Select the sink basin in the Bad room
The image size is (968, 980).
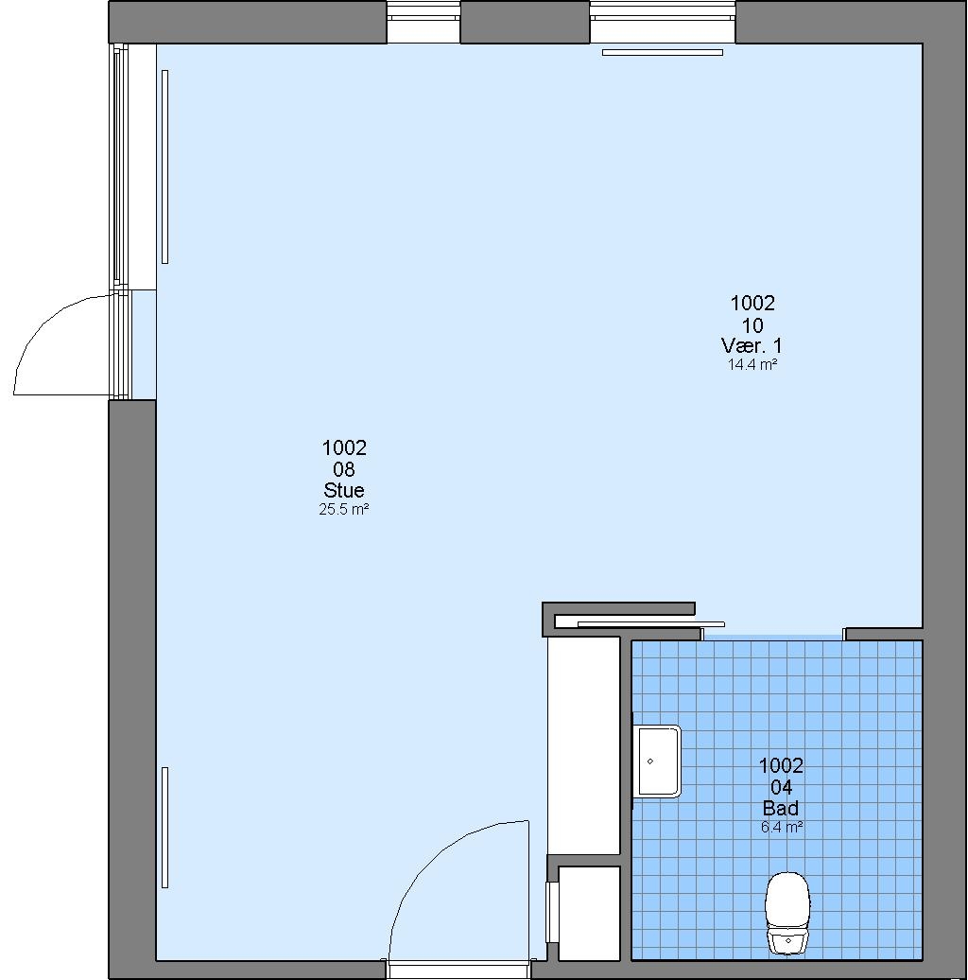[x=658, y=761]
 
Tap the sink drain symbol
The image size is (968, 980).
[x=650, y=761]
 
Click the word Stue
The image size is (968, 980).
[x=343, y=490]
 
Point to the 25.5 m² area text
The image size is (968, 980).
[x=343, y=509]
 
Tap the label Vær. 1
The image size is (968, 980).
[x=752, y=345]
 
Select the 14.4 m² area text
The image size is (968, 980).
[x=752, y=364]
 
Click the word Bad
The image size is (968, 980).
[x=781, y=808]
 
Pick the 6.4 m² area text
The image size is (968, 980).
[x=781, y=828]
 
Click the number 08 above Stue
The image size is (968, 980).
[x=343, y=469]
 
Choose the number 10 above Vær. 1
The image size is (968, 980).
[x=752, y=325]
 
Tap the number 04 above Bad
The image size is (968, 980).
[x=781, y=787]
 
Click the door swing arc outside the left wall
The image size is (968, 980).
[x=43, y=325]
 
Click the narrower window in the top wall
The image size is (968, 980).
[x=423, y=22]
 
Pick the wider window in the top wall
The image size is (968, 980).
[x=663, y=22]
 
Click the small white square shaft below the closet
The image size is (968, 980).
[x=589, y=913]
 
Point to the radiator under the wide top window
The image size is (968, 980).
[x=663, y=53]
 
